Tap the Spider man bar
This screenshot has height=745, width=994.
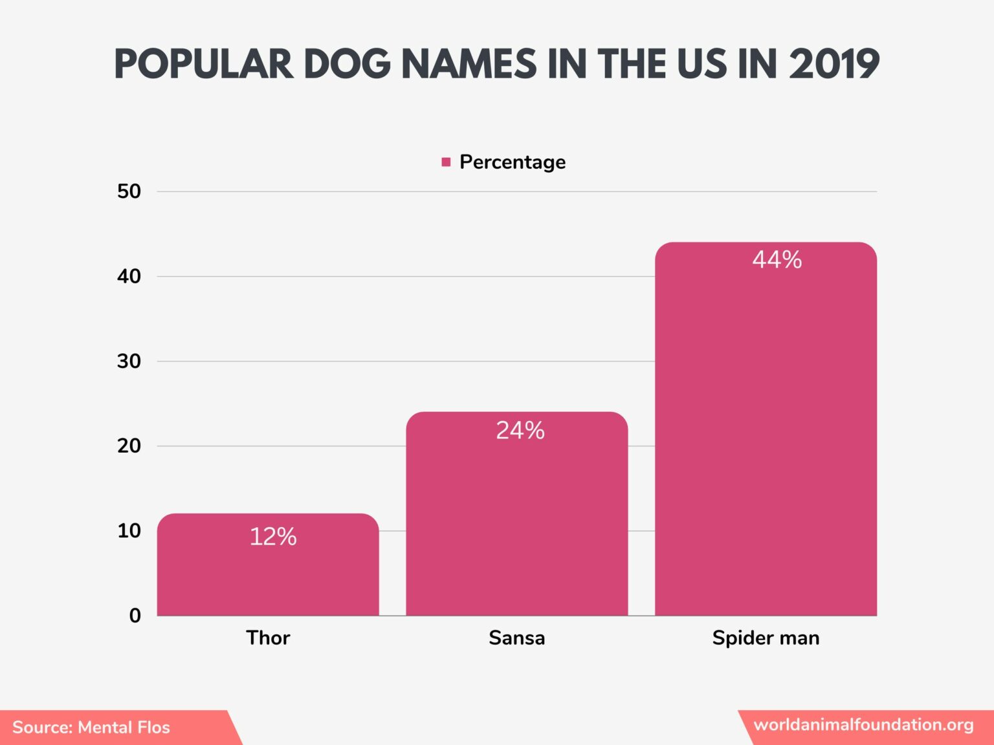766,440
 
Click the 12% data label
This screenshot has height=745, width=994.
273,537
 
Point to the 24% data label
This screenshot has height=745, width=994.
520,431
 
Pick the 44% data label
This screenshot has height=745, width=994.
777,260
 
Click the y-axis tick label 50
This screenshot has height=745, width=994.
129,191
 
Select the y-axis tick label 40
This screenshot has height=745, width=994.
129,277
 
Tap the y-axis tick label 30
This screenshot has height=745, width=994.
129,362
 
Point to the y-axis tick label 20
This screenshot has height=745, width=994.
129,446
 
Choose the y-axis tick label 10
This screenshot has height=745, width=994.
129,531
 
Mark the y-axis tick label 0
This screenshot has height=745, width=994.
135,616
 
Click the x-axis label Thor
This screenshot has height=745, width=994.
268,638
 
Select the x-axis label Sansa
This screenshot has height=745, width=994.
516,638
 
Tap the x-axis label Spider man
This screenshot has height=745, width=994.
766,638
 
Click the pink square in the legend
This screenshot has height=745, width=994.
446,162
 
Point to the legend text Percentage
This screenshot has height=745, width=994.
513,162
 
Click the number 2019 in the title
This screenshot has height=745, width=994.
834,65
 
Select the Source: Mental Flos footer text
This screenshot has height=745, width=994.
91,728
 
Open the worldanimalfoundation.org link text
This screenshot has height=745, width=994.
863,725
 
